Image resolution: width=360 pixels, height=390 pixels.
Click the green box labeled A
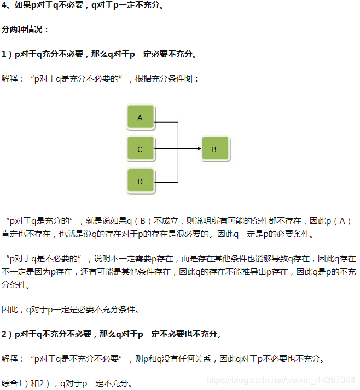[141, 117]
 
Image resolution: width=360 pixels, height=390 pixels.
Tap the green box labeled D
[141, 181]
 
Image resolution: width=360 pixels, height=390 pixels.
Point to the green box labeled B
[214, 148]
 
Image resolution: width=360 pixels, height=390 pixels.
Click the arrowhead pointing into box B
[198, 148]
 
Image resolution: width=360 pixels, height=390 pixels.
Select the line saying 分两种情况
[26, 30]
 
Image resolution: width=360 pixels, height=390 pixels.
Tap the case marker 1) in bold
[7, 54]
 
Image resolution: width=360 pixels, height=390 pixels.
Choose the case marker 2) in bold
[7, 334]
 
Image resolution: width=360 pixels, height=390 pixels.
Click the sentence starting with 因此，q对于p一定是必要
[71, 310]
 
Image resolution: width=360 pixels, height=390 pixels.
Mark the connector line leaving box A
[167, 122]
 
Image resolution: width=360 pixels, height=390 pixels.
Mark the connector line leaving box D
[167, 182]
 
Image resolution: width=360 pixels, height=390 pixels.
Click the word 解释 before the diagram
[11, 78]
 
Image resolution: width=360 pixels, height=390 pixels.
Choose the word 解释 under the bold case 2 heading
[11, 358]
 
